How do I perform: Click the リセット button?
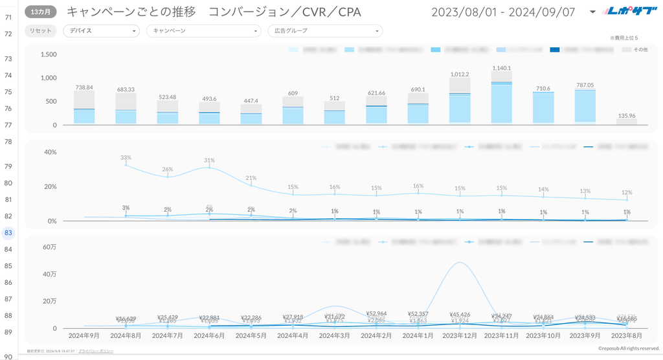tap(41, 31)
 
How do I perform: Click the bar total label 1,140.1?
tap(501, 68)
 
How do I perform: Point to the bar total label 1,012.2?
tap(460, 74)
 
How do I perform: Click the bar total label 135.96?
tap(627, 116)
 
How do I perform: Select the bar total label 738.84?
tap(84, 87)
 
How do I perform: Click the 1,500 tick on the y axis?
tap(49, 54)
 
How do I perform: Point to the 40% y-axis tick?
tap(51, 152)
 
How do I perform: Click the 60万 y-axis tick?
tap(50, 246)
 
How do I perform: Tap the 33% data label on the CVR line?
tap(126, 157)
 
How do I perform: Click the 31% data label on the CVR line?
tap(209, 160)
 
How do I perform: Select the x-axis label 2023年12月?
tap(460, 336)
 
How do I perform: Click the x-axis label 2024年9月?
tap(84, 336)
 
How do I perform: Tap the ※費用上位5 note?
tap(624, 39)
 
